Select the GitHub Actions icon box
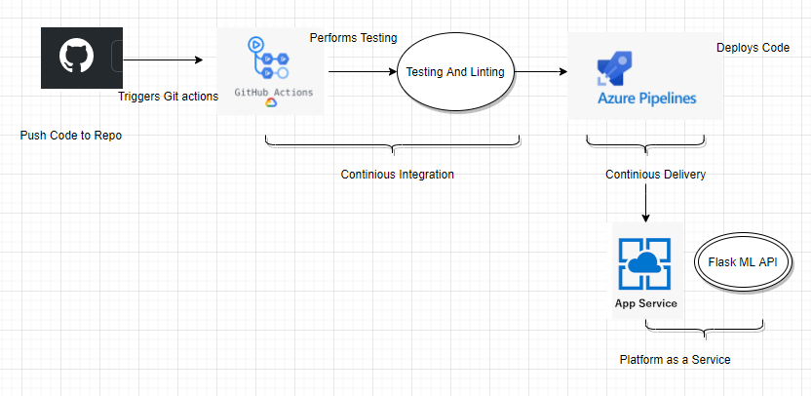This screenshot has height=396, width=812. click(x=270, y=70)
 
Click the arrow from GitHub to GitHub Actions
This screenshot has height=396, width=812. click(x=163, y=60)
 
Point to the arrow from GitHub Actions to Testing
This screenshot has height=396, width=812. click(x=361, y=71)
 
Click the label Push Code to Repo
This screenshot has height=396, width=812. click(x=71, y=136)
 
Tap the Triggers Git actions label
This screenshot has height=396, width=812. click(x=168, y=97)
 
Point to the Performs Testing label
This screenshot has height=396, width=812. click(x=353, y=38)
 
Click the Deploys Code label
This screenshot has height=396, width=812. click(x=753, y=48)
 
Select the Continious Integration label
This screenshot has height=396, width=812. click(x=397, y=175)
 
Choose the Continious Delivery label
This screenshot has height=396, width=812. click(x=655, y=175)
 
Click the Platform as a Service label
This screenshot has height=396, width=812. click(x=675, y=360)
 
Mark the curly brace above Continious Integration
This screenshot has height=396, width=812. click(x=393, y=146)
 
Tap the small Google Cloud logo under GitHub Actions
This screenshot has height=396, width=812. click(x=270, y=102)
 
